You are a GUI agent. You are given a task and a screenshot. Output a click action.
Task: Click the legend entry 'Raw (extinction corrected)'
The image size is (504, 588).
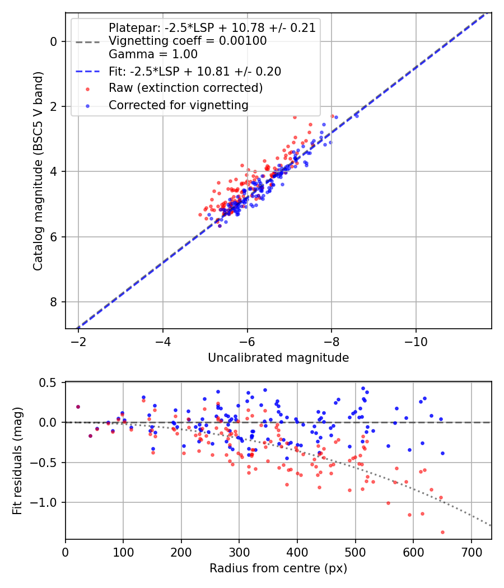click(185, 88)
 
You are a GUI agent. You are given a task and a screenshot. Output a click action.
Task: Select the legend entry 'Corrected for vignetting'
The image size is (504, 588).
click(179, 105)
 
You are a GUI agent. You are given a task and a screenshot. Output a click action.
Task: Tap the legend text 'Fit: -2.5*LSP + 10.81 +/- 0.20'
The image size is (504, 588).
click(195, 71)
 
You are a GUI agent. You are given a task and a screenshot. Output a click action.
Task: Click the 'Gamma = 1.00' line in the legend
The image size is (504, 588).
click(153, 54)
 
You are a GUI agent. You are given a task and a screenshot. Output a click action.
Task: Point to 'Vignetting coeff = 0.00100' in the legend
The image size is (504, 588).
click(188, 41)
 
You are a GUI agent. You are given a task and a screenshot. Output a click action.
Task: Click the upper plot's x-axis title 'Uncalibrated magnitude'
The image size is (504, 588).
click(278, 358)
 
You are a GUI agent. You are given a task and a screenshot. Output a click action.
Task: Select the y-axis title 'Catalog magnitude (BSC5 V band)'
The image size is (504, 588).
click(38, 171)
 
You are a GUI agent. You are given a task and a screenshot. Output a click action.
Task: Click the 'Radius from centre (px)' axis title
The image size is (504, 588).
click(278, 568)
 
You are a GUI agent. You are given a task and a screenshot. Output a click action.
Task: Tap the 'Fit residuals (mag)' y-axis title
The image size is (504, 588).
click(17, 461)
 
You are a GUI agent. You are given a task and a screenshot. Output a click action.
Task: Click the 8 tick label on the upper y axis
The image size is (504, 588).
click(53, 302)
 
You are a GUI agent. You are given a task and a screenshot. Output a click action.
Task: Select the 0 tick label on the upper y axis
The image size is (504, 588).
click(53, 41)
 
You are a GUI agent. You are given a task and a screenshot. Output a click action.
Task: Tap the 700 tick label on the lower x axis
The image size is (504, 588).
click(471, 553)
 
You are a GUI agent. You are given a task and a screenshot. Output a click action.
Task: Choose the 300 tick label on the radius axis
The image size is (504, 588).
click(239, 553)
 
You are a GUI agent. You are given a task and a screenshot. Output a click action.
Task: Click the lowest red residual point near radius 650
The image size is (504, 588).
click(442, 532)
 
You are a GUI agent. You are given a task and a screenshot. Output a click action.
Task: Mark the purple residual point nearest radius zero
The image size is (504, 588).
click(78, 407)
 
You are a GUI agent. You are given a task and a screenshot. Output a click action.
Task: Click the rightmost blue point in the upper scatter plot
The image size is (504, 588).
click(356, 116)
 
